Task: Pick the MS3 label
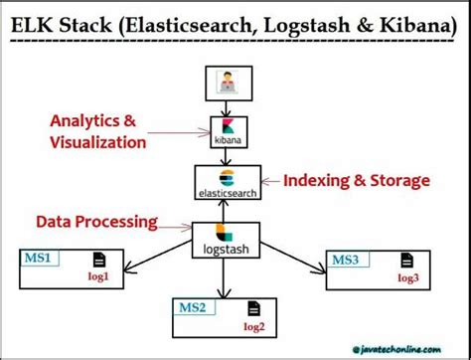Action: (x=346, y=261)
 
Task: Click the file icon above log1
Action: (x=98, y=260)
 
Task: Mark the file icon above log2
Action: (x=254, y=308)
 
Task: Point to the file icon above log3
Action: (x=407, y=260)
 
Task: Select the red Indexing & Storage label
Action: (x=357, y=180)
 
